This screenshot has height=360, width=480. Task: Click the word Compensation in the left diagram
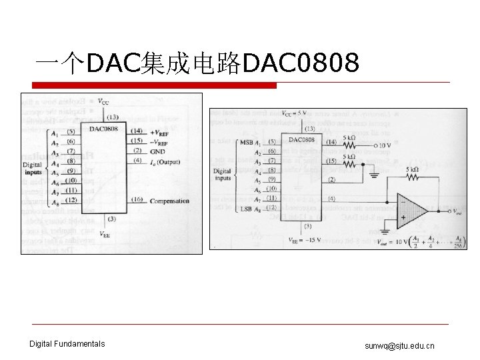tap(169, 201)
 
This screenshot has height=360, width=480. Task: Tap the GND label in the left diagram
tap(159, 151)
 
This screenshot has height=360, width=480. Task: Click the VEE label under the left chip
tap(105, 234)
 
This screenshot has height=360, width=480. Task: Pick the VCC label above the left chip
tap(105, 102)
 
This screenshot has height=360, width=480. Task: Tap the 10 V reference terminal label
tap(387, 145)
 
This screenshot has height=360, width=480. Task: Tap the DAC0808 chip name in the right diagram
tap(302, 139)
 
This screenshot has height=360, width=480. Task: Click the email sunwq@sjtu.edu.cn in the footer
tap(399, 346)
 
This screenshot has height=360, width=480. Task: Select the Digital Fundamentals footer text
tap(67, 344)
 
